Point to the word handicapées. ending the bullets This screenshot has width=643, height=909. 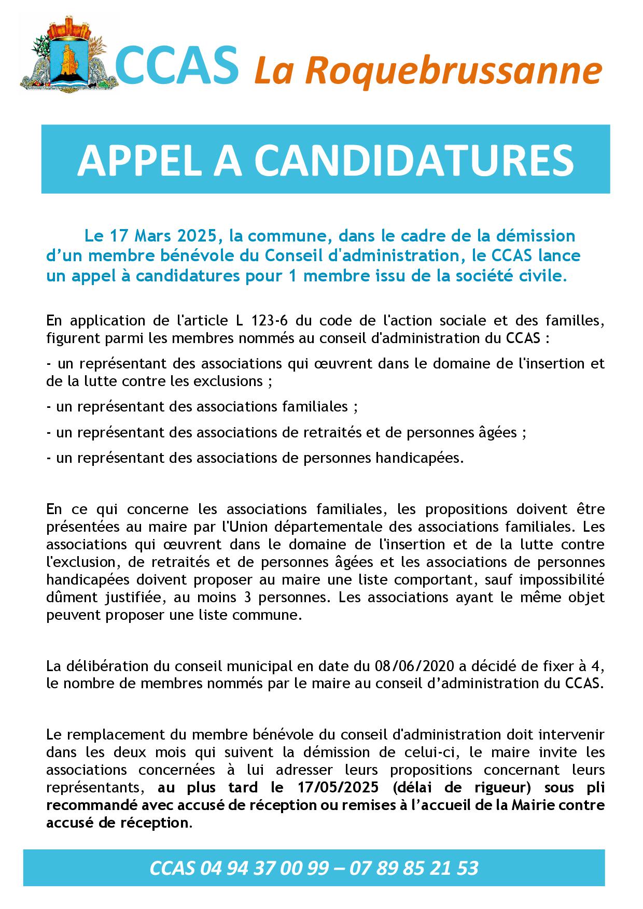coord(418,458)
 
